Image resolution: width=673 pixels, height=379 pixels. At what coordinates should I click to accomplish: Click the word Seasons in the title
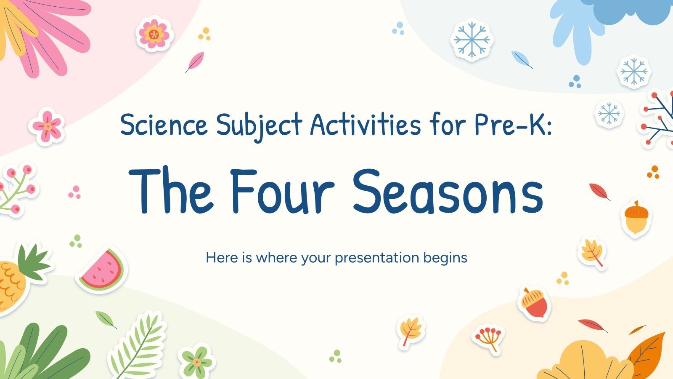tap(448, 192)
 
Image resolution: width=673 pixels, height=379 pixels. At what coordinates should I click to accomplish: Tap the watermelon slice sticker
tap(102, 270)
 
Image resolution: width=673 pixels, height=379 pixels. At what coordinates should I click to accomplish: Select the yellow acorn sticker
tap(636, 218)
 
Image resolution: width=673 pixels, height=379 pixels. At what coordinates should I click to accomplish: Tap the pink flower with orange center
tap(154, 34)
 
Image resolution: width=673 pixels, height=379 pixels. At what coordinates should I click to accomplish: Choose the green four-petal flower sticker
tap(196, 361)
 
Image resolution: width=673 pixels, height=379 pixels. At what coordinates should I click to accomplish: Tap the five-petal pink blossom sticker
tap(47, 126)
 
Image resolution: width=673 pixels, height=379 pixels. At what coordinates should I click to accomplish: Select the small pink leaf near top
tap(195, 61)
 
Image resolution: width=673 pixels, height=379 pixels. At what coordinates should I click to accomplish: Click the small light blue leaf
tap(522, 59)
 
